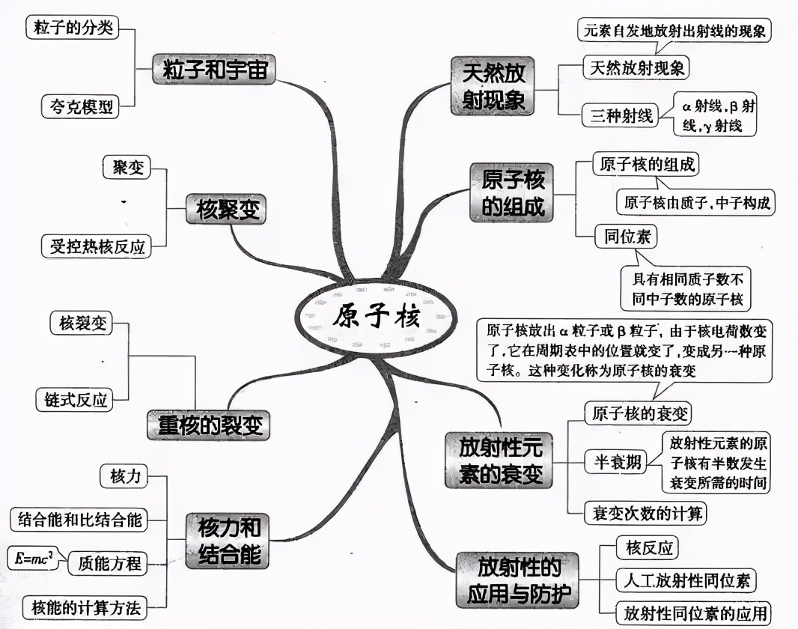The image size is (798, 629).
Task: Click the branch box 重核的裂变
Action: pos(208,425)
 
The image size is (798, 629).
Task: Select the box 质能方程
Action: pos(109,563)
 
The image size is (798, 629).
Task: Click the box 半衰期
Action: pos(613,463)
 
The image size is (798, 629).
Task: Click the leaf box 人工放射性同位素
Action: pos(685,580)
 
